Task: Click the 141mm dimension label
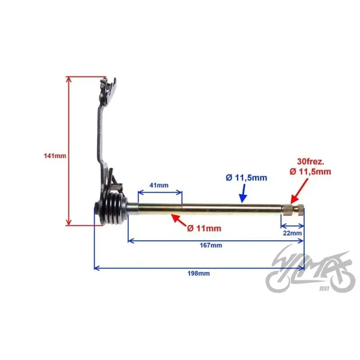(55, 156)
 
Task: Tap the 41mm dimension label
(159, 185)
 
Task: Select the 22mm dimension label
(292, 233)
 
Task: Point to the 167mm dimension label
(211, 245)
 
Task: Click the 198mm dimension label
(198, 274)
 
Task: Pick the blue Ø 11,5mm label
(246, 178)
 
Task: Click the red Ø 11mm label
(204, 229)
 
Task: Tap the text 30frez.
(310, 162)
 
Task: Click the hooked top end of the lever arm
(108, 88)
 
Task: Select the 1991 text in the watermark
(324, 288)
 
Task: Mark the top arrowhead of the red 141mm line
(69, 80)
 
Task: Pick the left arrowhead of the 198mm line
(97, 268)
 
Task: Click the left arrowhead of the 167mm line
(130, 241)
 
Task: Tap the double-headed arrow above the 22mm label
(292, 226)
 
